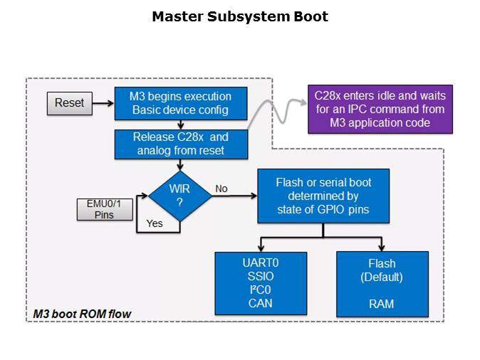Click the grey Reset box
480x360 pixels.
point(69,103)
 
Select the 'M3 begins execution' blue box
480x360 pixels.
point(179,103)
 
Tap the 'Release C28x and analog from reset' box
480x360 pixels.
point(181,144)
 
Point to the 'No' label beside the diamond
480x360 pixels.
point(221,189)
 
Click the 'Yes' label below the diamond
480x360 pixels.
point(155,223)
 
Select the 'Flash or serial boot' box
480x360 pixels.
point(323,196)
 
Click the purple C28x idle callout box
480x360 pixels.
point(380,110)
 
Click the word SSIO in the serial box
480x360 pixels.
point(261,277)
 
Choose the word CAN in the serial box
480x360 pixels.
point(261,304)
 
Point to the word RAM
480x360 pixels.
point(382,304)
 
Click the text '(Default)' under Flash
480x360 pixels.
point(382,277)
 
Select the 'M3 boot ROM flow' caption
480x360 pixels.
point(83,314)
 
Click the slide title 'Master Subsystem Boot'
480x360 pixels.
point(240,16)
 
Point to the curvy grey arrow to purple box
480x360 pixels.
point(278,110)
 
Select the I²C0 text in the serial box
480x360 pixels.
point(261,290)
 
